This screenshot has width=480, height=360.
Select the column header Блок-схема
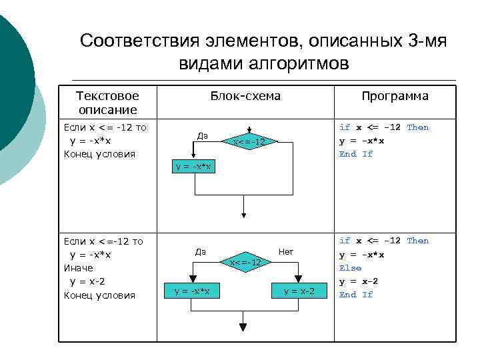pyautogui.click(x=245, y=96)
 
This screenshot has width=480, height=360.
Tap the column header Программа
pyautogui.click(x=395, y=96)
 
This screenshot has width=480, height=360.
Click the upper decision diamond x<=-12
pyautogui.click(x=248, y=142)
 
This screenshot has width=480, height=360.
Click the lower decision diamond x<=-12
pyautogui.click(x=245, y=263)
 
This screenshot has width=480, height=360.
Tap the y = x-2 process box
pyautogui.click(x=299, y=291)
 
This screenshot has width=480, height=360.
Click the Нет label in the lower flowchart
pyautogui.click(x=286, y=252)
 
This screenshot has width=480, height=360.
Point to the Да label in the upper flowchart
pyautogui.click(x=203, y=136)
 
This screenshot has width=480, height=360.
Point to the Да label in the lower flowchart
pyautogui.click(x=201, y=252)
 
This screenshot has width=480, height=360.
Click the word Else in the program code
pyautogui.click(x=350, y=268)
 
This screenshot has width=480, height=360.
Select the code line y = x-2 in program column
pyautogui.click(x=358, y=281)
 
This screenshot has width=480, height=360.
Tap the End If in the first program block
pyautogui.click(x=356, y=154)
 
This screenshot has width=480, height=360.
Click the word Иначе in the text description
pyautogui.click(x=78, y=268)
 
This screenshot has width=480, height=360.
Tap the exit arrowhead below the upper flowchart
pyautogui.click(x=244, y=215)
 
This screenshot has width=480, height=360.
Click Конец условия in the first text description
pyautogui.click(x=99, y=154)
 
